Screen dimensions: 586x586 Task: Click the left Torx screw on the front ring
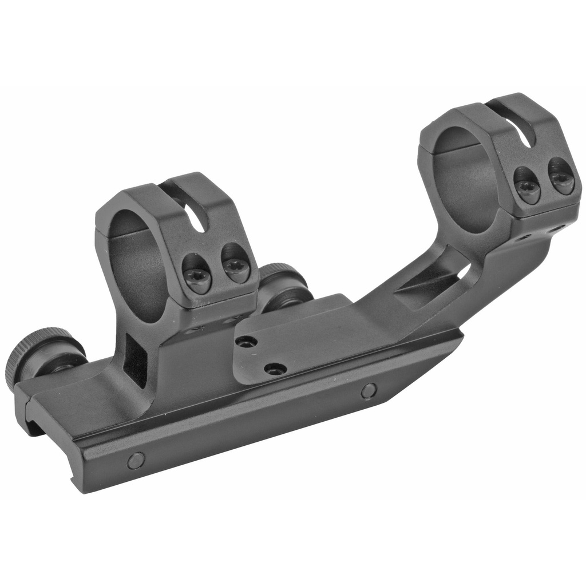pos(199,280)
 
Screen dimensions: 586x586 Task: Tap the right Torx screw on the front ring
pos(236,268)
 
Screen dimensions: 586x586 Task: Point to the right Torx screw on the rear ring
pos(561,180)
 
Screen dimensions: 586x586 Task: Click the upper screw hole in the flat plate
pos(246,342)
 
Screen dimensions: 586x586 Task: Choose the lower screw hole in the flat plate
pos(275,369)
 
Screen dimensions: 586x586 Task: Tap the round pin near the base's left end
pos(136,460)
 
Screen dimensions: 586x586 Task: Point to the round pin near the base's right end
pos(369,391)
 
